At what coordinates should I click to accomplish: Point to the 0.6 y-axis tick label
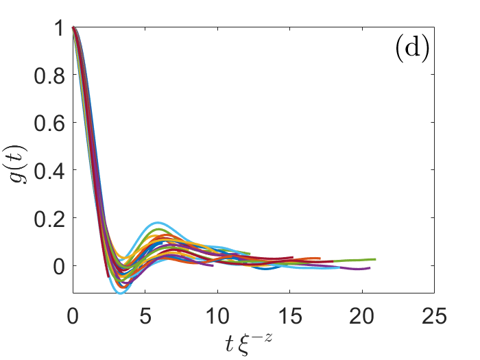point(46,123)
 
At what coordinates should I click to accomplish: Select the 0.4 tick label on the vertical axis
point(46,171)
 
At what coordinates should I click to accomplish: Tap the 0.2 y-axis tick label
point(46,218)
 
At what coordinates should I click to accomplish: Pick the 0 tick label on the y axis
point(56,266)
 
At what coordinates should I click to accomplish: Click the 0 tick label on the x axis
point(72,317)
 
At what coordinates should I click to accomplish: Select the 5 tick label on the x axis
point(145,317)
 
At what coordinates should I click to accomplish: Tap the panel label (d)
point(411,52)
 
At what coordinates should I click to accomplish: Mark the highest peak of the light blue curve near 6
point(157,223)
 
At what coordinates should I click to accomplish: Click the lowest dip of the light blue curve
point(120,293)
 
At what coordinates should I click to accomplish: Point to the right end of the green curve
point(376,259)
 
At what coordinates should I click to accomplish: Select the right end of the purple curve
point(370,267)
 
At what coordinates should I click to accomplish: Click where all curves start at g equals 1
point(73,28)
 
